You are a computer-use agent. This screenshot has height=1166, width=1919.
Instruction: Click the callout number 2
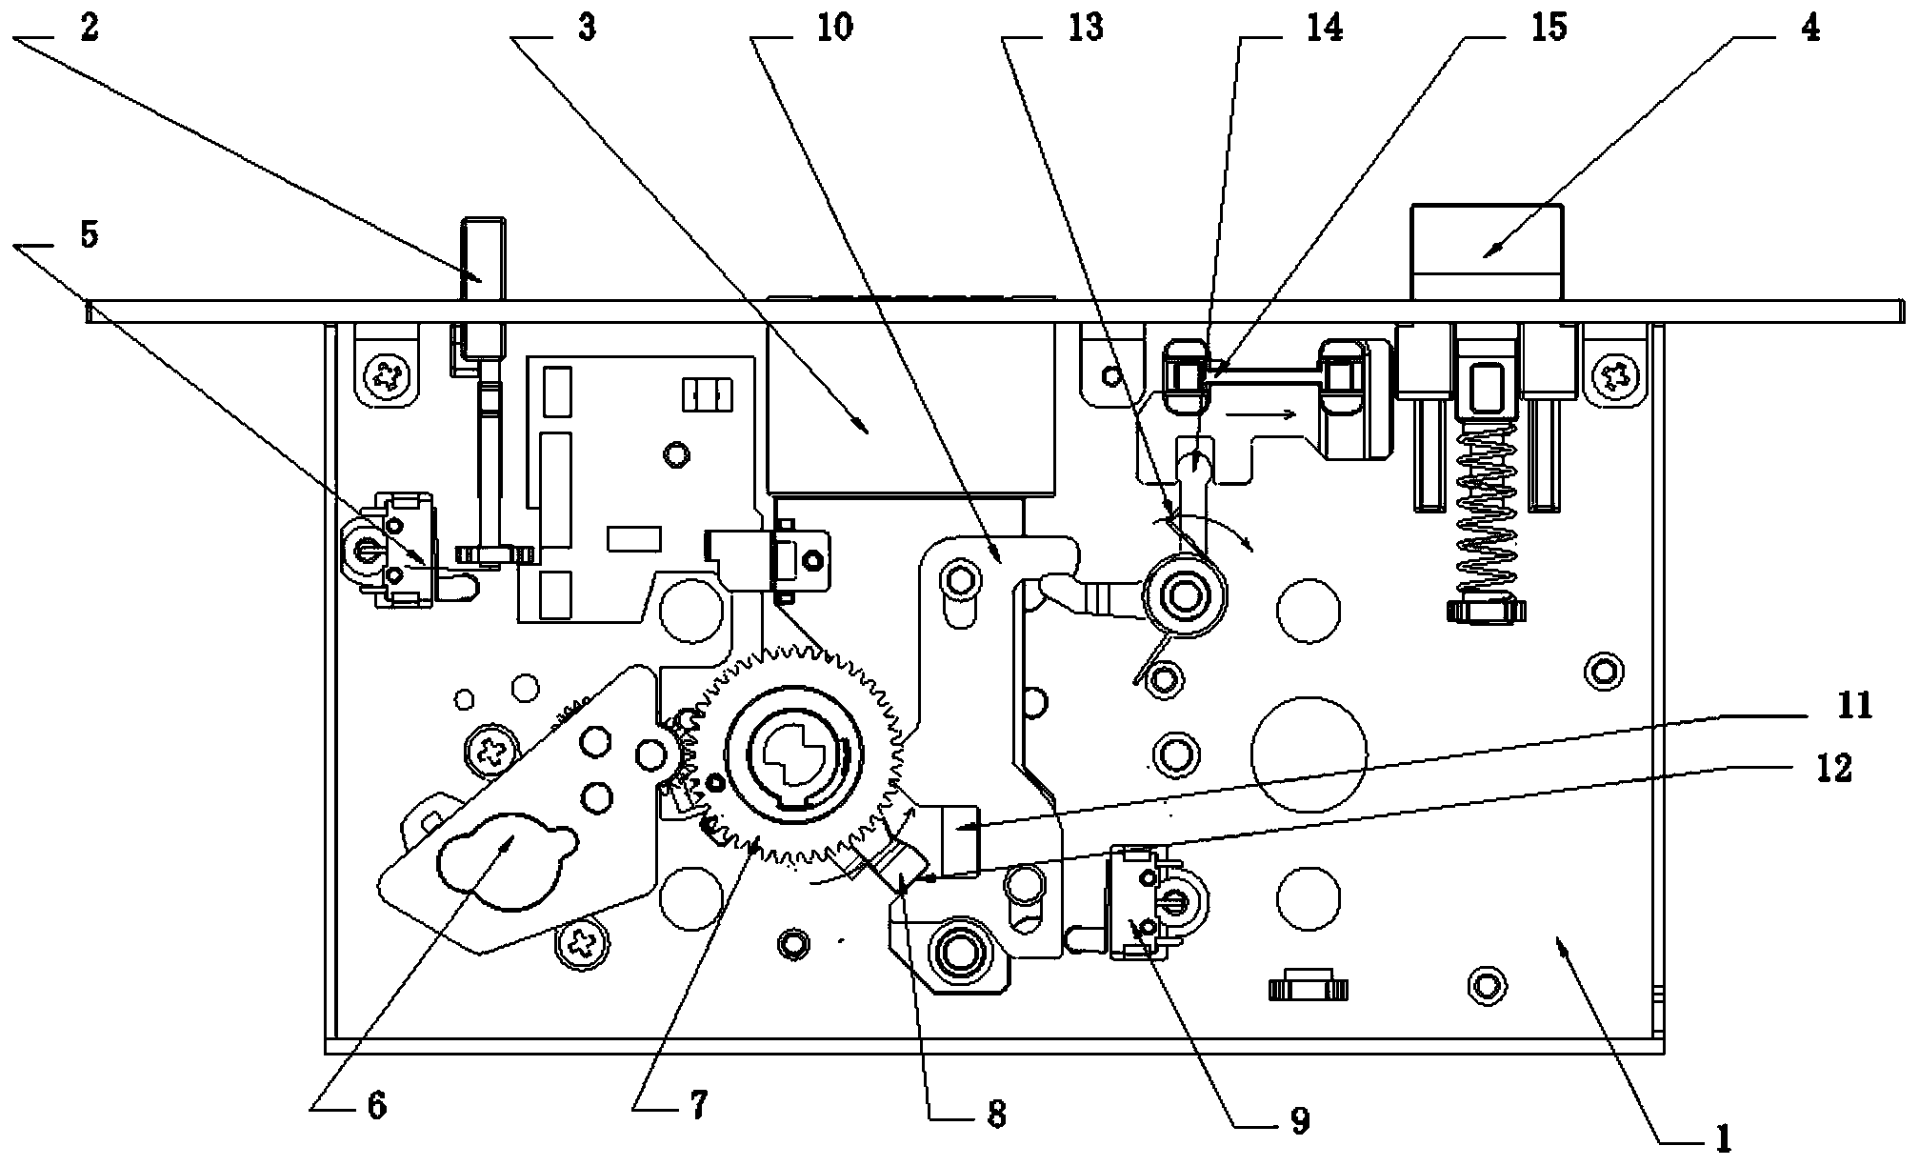(89, 29)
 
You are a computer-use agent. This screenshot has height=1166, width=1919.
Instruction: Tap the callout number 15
(1548, 29)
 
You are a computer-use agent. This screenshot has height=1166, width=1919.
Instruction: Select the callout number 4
(1810, 29)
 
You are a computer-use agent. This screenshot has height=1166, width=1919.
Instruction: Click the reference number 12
(1833, 768)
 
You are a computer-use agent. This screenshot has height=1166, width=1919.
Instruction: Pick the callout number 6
(376, 1106)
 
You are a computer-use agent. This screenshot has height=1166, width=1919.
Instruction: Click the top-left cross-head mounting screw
(387, 377)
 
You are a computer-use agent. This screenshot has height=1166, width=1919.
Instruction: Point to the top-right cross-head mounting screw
(1615, 373)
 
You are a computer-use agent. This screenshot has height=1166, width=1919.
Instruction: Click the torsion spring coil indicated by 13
(1186, 596)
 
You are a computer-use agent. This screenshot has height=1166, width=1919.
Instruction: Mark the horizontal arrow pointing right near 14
(1260, 414)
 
